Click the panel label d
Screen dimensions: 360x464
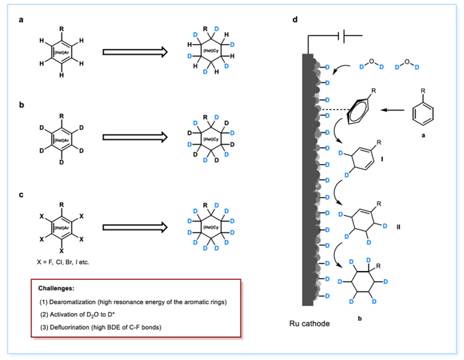coord(295,20)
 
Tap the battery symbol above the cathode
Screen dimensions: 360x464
coord(346,36)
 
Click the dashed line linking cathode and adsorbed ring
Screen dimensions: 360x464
coord(334,112)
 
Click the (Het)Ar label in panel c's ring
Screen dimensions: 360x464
coord(61,227)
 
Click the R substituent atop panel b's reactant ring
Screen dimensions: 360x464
coord(61,116)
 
